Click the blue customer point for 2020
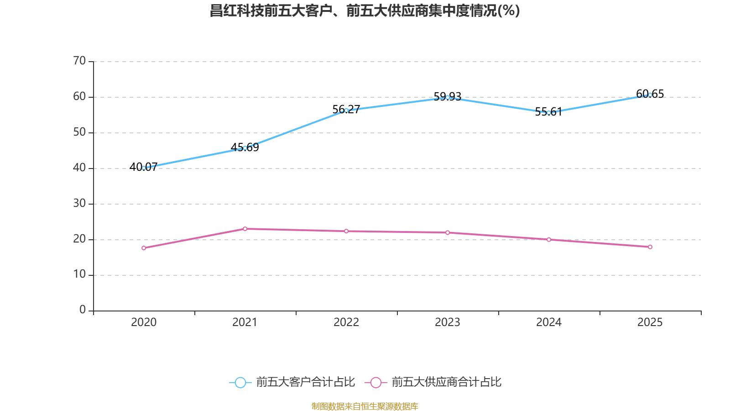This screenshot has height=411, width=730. tap(144, 168)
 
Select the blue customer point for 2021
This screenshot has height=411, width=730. tap(245, 148)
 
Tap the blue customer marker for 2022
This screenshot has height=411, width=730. tap(346, 111)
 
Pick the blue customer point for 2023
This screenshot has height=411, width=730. tap(448, 97)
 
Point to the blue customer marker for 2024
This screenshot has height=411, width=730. tap(549, 113)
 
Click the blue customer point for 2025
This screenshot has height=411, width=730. tap(650, 95)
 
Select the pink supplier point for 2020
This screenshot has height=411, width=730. tap(144, 248)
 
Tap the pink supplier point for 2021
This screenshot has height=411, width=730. tap(245, 229)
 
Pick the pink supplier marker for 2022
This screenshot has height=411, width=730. tap(346, 231)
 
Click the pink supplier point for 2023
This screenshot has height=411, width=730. tap(448, 232)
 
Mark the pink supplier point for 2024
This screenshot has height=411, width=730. tap(549, 240)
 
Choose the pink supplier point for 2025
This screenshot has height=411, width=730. tap(650, 247)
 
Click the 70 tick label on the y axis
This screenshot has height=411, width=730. tap(79, 61)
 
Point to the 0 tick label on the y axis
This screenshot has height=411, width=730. tap(83, 310)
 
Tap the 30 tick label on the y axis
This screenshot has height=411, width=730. tap(79, 203)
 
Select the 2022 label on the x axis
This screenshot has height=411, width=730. tap(346, 322)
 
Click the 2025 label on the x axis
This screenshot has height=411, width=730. tap(650, 322)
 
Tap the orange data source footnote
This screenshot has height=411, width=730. tap(365, 406)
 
